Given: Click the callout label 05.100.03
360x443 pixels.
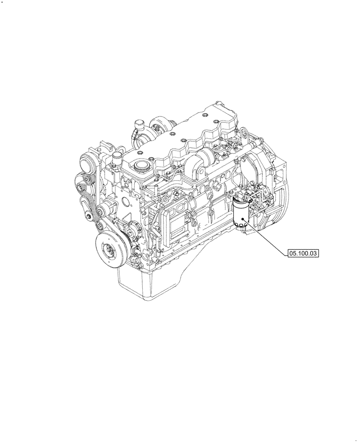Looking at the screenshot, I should click(303, 253).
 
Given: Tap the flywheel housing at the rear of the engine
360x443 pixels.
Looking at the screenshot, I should click(270, 190).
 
